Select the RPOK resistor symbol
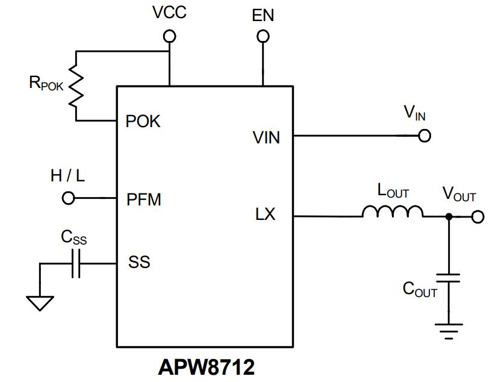click(x=76, y=86)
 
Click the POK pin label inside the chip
click(x=143, y=122)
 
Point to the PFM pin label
click(x=144, y=199)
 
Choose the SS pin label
click(x=139, y=262)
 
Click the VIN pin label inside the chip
click(x=266, y=138)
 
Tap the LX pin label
click(x=265, y=214)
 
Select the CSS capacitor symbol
click(x=76, y=263)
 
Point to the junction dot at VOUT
click(x=449, y=217)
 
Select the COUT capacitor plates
click(x=449, y=278)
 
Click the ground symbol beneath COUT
click(x=449, y=331)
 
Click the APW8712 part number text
click(x=207, y=367)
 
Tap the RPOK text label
click(x=46, y=83)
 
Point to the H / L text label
click(x=67, y=176)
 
